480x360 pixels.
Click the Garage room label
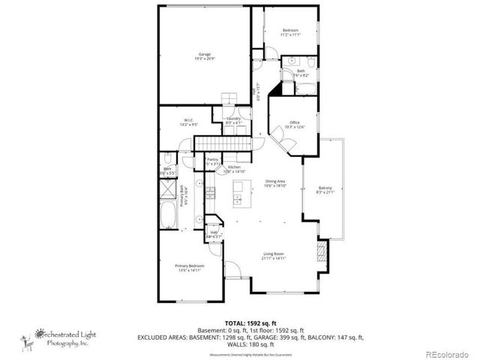point(204,55)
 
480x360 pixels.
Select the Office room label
point(295,124)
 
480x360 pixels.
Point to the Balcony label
point(325,189)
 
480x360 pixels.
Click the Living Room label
point(273,256)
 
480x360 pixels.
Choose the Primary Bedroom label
point(189,267)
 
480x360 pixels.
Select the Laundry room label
point(233,120)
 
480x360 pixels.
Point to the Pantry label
point(201,161)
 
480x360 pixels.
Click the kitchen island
point(238,193)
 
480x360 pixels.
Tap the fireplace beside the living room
point(323,253)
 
